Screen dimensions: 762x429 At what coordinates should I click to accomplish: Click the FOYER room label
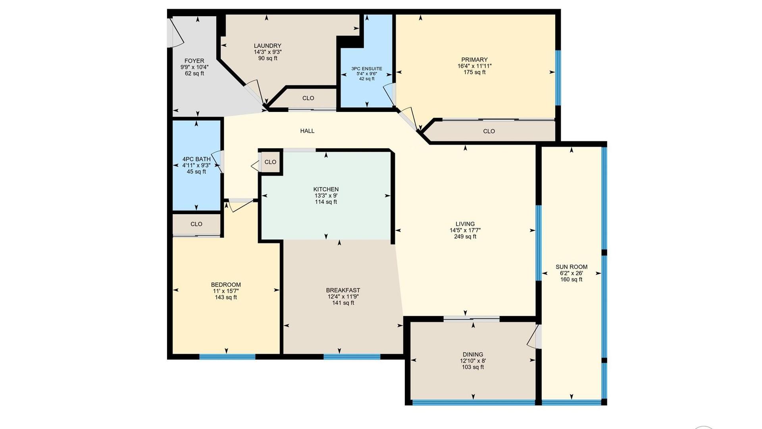[194, 61]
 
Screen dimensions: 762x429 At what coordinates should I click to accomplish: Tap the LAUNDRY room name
[267, 46]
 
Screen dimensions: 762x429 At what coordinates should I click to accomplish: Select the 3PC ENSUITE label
[367, 69]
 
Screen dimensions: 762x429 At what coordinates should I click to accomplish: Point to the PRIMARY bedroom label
[474, 60]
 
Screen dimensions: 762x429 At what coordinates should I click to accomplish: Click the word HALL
[307, 131]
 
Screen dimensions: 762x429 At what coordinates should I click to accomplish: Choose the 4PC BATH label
[196, 159]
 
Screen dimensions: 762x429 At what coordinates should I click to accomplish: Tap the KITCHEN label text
[326, 189]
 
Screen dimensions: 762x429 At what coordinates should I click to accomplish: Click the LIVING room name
[465, 224]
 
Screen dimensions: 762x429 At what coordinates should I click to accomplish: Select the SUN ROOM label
[571, 267]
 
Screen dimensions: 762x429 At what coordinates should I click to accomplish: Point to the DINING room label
[473, 354]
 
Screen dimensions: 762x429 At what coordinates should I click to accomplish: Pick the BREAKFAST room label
[343, 290]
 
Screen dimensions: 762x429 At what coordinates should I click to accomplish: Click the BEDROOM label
[226, 284]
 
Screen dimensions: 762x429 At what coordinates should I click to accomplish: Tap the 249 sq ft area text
[465, 236]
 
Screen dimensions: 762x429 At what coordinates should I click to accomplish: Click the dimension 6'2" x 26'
[571, 273]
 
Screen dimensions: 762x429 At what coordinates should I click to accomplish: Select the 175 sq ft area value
[474, 72]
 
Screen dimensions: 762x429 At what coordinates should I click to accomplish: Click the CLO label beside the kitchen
[270, 162]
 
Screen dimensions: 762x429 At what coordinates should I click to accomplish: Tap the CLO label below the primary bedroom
[489, 131]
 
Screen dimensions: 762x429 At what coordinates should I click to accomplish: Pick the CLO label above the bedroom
[196, 224]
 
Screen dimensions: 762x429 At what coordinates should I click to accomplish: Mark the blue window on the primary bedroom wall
[558, 78]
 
